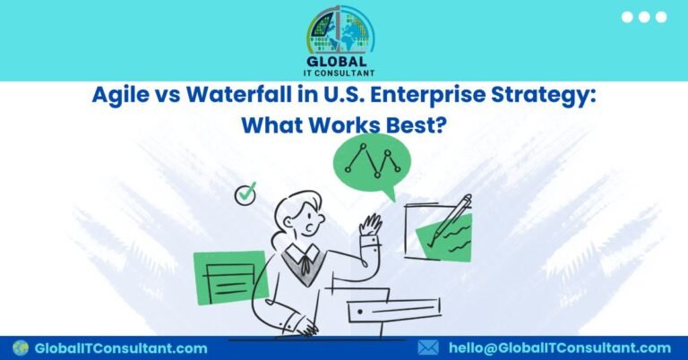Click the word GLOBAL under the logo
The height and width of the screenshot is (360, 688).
[337, 62]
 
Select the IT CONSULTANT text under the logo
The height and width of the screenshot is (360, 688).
[340, 73]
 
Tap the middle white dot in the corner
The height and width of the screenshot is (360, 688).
[644, 17]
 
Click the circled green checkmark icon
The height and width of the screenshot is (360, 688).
[245, 193]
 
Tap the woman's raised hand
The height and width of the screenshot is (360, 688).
[370, 224]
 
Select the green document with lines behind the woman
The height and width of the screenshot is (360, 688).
[230, 277]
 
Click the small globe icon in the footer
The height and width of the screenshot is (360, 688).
[21, 347]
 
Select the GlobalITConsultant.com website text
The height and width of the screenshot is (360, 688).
[121, 348]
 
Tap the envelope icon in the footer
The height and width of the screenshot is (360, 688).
[428, 347]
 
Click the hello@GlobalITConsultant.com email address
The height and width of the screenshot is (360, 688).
[560, 348]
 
